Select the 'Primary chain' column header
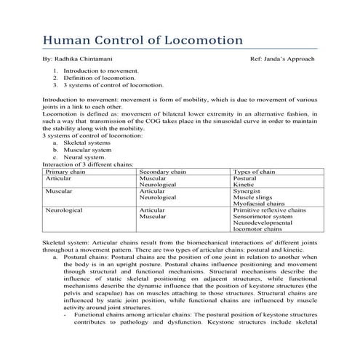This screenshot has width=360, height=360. (x=65, y=171)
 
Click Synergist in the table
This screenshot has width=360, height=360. (x=247, y=191)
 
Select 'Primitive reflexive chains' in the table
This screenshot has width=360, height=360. (x=269, y=210)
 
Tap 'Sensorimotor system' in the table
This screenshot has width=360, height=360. (x=263, y=217)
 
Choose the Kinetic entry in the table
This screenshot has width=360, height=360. (x=244, y=184)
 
